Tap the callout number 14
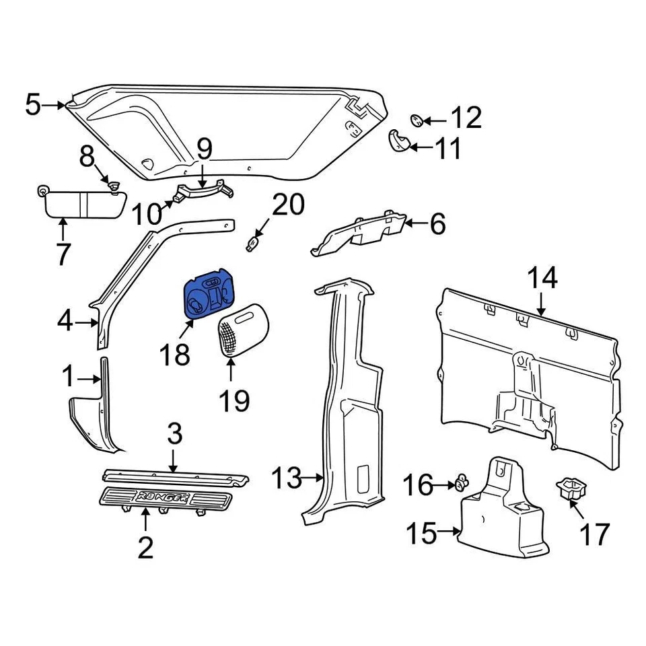[542, 278]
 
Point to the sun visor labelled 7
[81, 202]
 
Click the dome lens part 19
[242, 330]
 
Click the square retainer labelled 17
[569, 489]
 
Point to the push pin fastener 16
[461, 481]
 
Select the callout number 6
[438, 224]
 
